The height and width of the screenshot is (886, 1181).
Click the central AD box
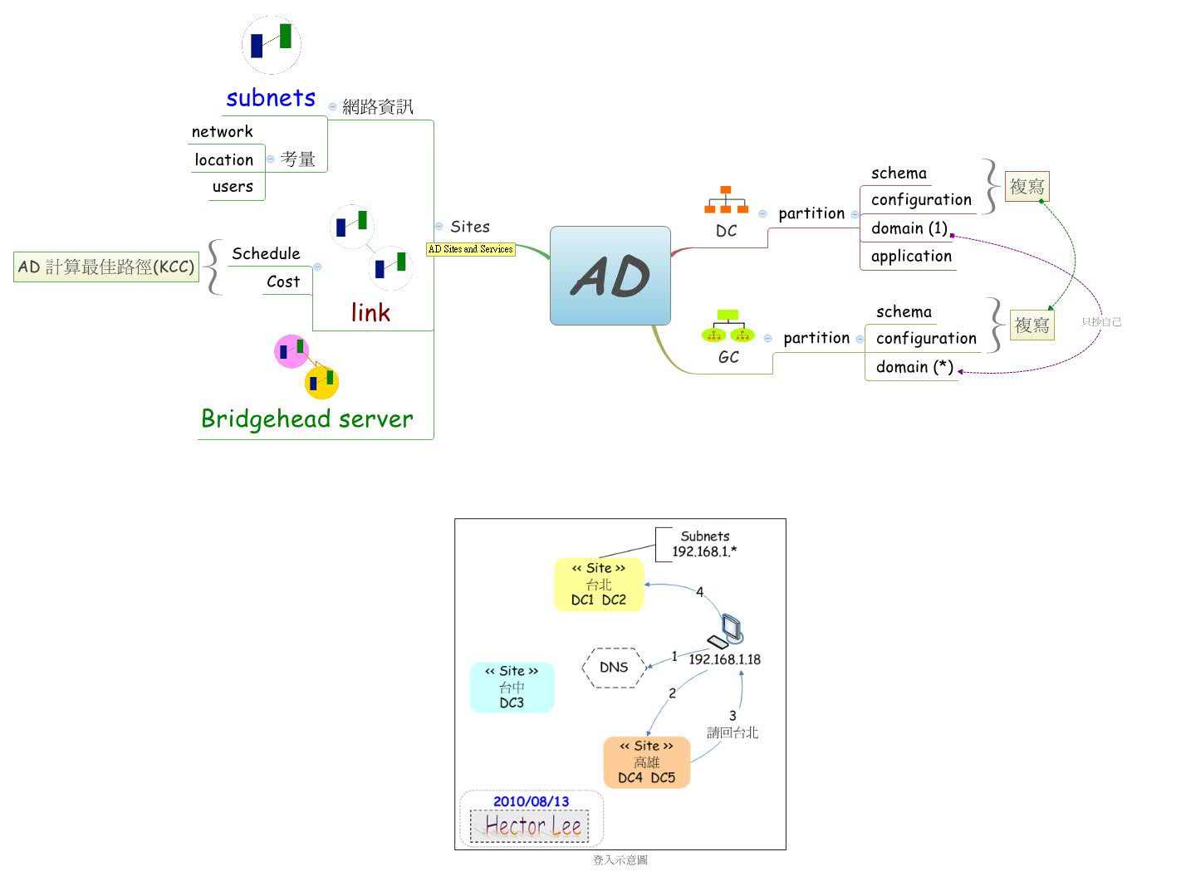610,276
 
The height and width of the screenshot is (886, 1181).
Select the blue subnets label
271,98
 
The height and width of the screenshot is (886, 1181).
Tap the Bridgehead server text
306,419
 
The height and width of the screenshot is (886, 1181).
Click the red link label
370,312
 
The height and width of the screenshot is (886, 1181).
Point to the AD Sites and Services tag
470,249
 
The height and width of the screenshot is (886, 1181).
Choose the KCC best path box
106,267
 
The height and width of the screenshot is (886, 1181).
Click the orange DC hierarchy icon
726,200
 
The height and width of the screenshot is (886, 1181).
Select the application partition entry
911,257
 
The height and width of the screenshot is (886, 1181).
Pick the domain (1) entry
909,228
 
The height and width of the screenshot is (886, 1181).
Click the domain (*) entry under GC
914,367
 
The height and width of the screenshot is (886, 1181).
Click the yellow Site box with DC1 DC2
599,585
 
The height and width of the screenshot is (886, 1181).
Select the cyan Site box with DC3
512,687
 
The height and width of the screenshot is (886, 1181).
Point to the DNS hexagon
614,668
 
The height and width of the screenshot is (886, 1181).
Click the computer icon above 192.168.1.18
727,631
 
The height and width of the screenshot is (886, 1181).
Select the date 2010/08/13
531,801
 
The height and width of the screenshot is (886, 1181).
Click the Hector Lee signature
532,826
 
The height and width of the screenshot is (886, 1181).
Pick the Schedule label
266,253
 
